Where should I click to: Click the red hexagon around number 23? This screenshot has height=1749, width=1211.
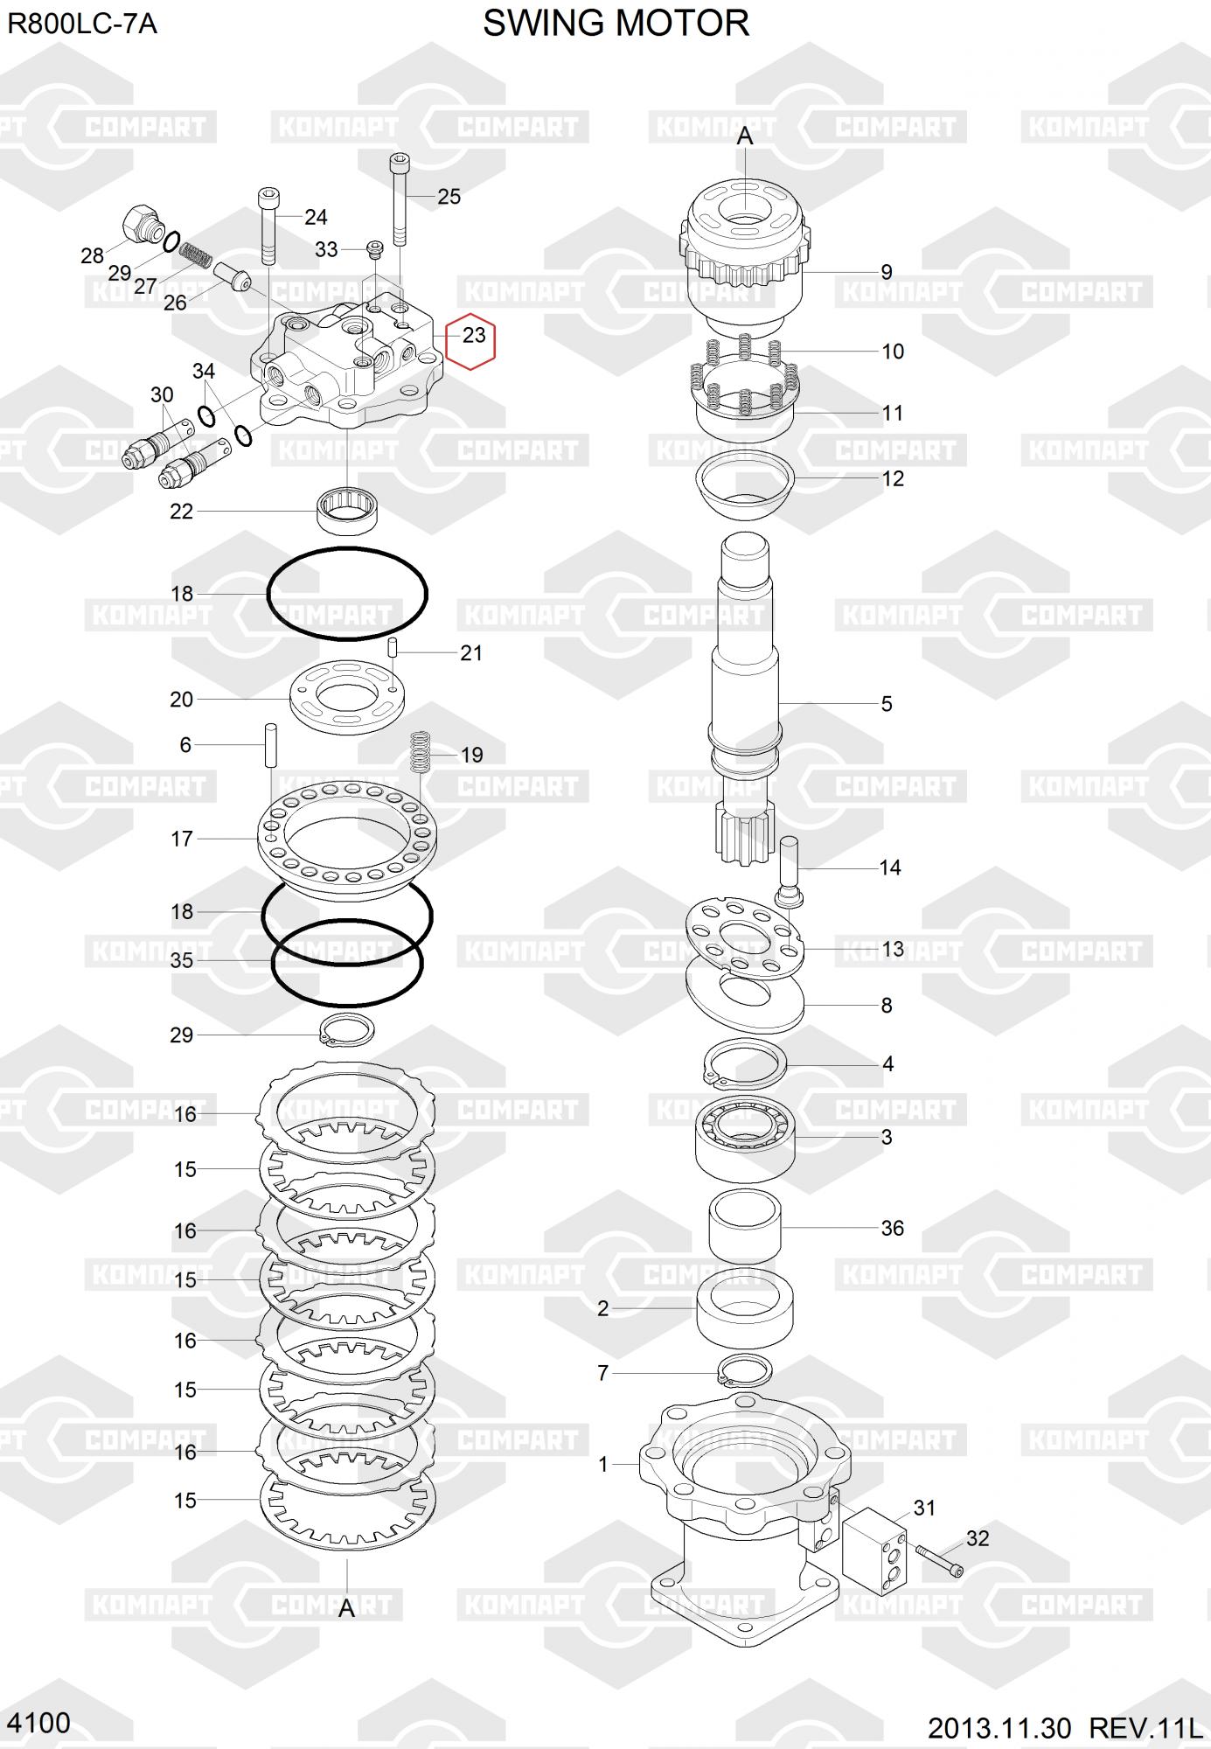[471, 336]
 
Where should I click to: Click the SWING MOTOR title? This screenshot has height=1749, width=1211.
[616, 24]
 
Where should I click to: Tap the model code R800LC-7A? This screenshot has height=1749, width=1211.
[82, 24]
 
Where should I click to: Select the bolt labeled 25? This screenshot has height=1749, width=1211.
[400, 199]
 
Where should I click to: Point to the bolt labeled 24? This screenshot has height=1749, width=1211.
[268, 226]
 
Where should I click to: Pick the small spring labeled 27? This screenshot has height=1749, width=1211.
[197, 256]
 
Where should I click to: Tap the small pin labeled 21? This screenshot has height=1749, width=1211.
[393, 649]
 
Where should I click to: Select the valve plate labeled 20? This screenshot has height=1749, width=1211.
[346, 697]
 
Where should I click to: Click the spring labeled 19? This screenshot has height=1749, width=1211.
[421, 752]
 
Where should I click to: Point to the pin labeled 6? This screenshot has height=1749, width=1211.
[271, 744]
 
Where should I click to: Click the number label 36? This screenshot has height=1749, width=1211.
[892, 1229]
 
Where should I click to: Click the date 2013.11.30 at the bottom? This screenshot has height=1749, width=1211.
[999, 1728]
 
